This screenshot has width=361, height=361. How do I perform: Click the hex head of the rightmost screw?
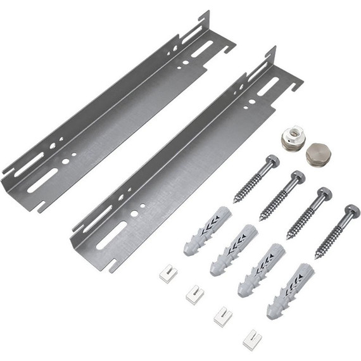coord(351,212)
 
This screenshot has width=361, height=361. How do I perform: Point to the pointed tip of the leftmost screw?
coord(236,201)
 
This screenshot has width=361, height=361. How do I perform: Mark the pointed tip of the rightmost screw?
coord(317,258)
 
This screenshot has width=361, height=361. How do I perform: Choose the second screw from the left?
coord(281,196)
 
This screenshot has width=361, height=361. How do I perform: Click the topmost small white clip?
coord(168,273)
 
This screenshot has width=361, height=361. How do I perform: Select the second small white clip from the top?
coord(195,293)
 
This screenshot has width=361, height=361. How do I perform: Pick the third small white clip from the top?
coord(222,315)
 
